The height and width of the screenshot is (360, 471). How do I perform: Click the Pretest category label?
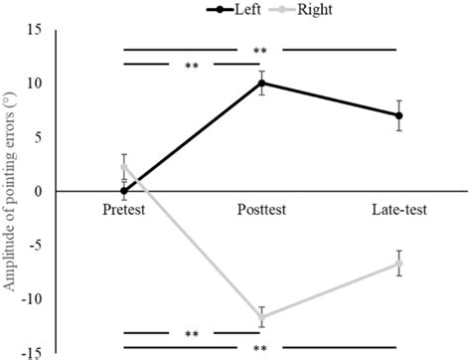(124, 211)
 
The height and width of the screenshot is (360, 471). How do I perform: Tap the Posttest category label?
(262, 211)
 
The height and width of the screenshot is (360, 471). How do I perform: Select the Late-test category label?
(399, 211)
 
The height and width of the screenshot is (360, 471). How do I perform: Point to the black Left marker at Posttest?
(262, 83)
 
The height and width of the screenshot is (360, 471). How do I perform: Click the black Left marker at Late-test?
(399, 115)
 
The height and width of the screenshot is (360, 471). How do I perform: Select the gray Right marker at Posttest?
(262, 317)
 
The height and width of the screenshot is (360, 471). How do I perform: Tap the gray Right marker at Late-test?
(399, 264)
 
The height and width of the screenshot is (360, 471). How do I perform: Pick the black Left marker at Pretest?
(124, 190)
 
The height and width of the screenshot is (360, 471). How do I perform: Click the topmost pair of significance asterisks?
(260, 51)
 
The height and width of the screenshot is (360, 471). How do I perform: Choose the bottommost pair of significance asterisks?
(260, 348)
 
